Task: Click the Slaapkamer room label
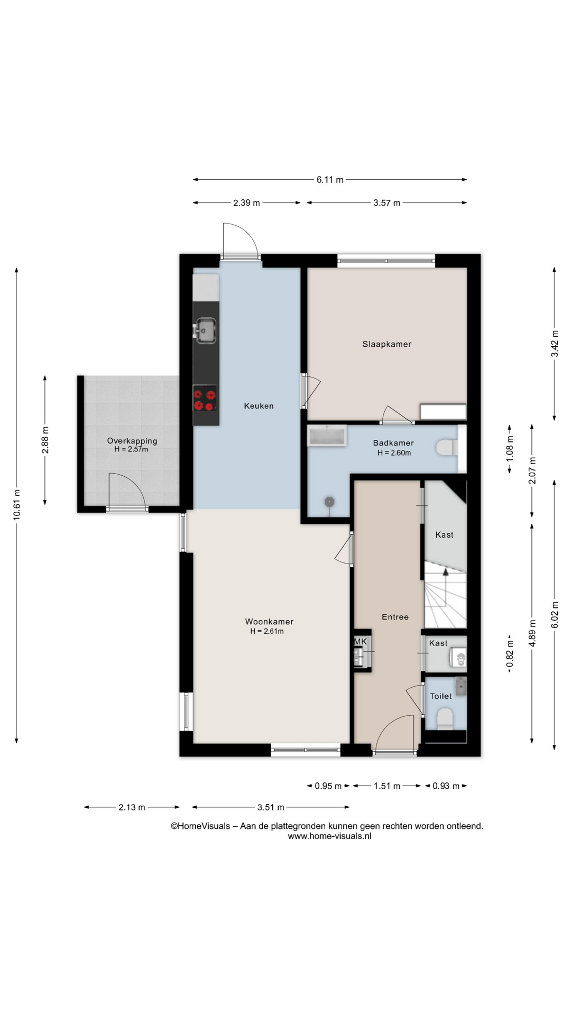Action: [x=386, y=344]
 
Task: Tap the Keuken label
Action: [x=259, y=406]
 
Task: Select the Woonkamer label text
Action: [x=269, y=622]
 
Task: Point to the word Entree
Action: [x=395, y=617]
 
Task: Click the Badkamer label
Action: [x=393, y=443]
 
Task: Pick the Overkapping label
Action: [x=132, y=441]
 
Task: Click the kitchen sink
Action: [x=206, y=330]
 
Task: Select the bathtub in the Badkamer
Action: [x=327, y=436]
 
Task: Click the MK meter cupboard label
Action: [x=360, y=642]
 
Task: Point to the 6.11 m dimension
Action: [x=330, y=180]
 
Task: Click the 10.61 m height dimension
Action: [x=17, y=505]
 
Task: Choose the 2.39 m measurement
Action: [x=246, y=202]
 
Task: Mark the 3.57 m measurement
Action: [x=386, y=202]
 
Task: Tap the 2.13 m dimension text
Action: [x=132, y=807]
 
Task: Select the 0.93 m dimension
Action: [x=446, y=786]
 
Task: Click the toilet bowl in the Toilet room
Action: [x=445, y=719]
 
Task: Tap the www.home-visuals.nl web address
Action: [x=329, y=836]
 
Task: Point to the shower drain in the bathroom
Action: [x=330, y=501]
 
